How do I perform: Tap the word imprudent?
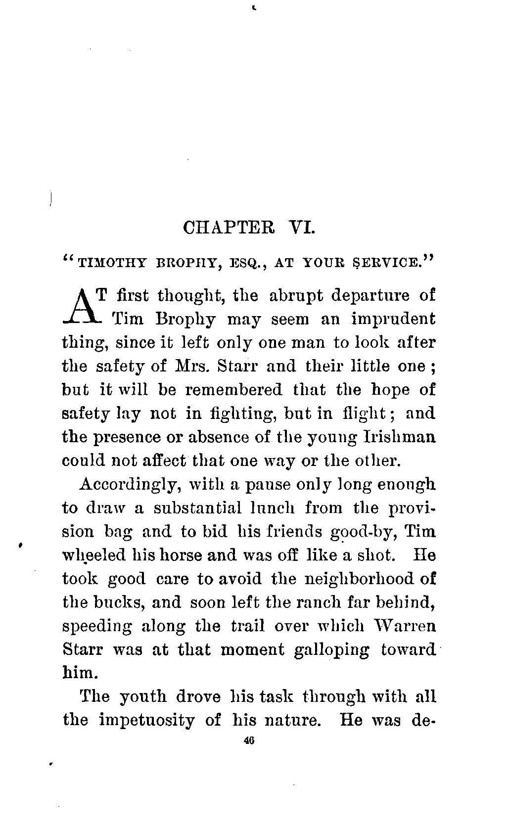[393, 320]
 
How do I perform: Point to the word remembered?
[234, 390]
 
